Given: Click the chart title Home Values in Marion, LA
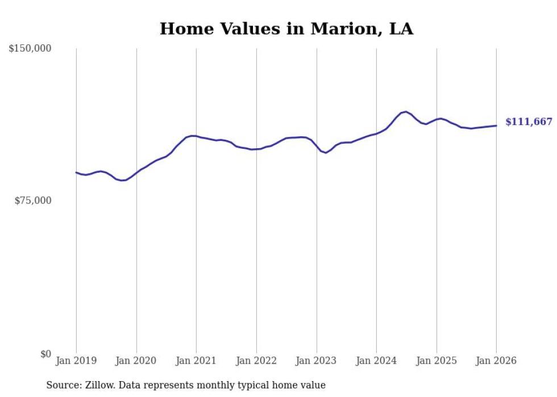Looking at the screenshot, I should click(x=286, y=28).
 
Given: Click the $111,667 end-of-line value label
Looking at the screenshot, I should click(x=529, y=122).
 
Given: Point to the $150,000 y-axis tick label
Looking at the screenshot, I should click(x=30, y=49).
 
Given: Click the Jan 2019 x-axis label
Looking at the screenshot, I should click(x=76, y=361).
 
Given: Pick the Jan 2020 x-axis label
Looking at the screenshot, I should click(x=136, y=361).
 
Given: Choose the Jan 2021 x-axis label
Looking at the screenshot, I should click(x=196, y=361).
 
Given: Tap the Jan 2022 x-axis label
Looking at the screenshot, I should click(x=256, y=361).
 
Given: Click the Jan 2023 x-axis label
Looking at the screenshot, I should click(x=317, y=361).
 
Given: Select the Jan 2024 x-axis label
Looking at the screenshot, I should click(x=376, y=361).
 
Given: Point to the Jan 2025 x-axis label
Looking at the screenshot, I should click(x=437, y=361).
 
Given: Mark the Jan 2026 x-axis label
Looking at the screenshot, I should click(x=496, y=361).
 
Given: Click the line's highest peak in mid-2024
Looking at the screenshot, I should click(x=406, y=112).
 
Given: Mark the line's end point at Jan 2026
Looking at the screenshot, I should click(x=496, y=126).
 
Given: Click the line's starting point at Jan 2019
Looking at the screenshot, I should click(x=76, y=172).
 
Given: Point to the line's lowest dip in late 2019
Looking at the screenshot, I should click(x=122, y=181).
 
